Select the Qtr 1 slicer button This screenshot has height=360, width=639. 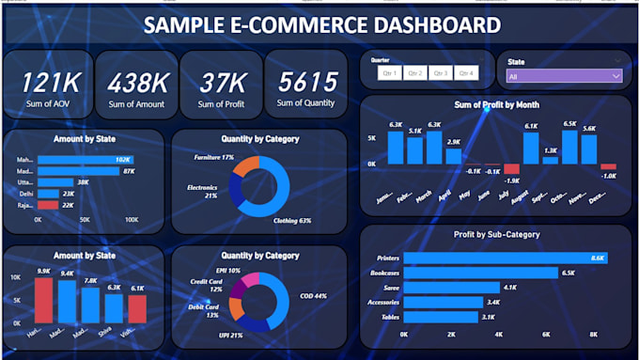coord(388,73)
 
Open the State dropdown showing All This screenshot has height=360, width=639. coord(563,76)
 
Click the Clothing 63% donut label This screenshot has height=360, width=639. coord(291,221)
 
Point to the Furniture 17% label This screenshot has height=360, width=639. coord(214,158)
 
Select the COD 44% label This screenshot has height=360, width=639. coord(314,296)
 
